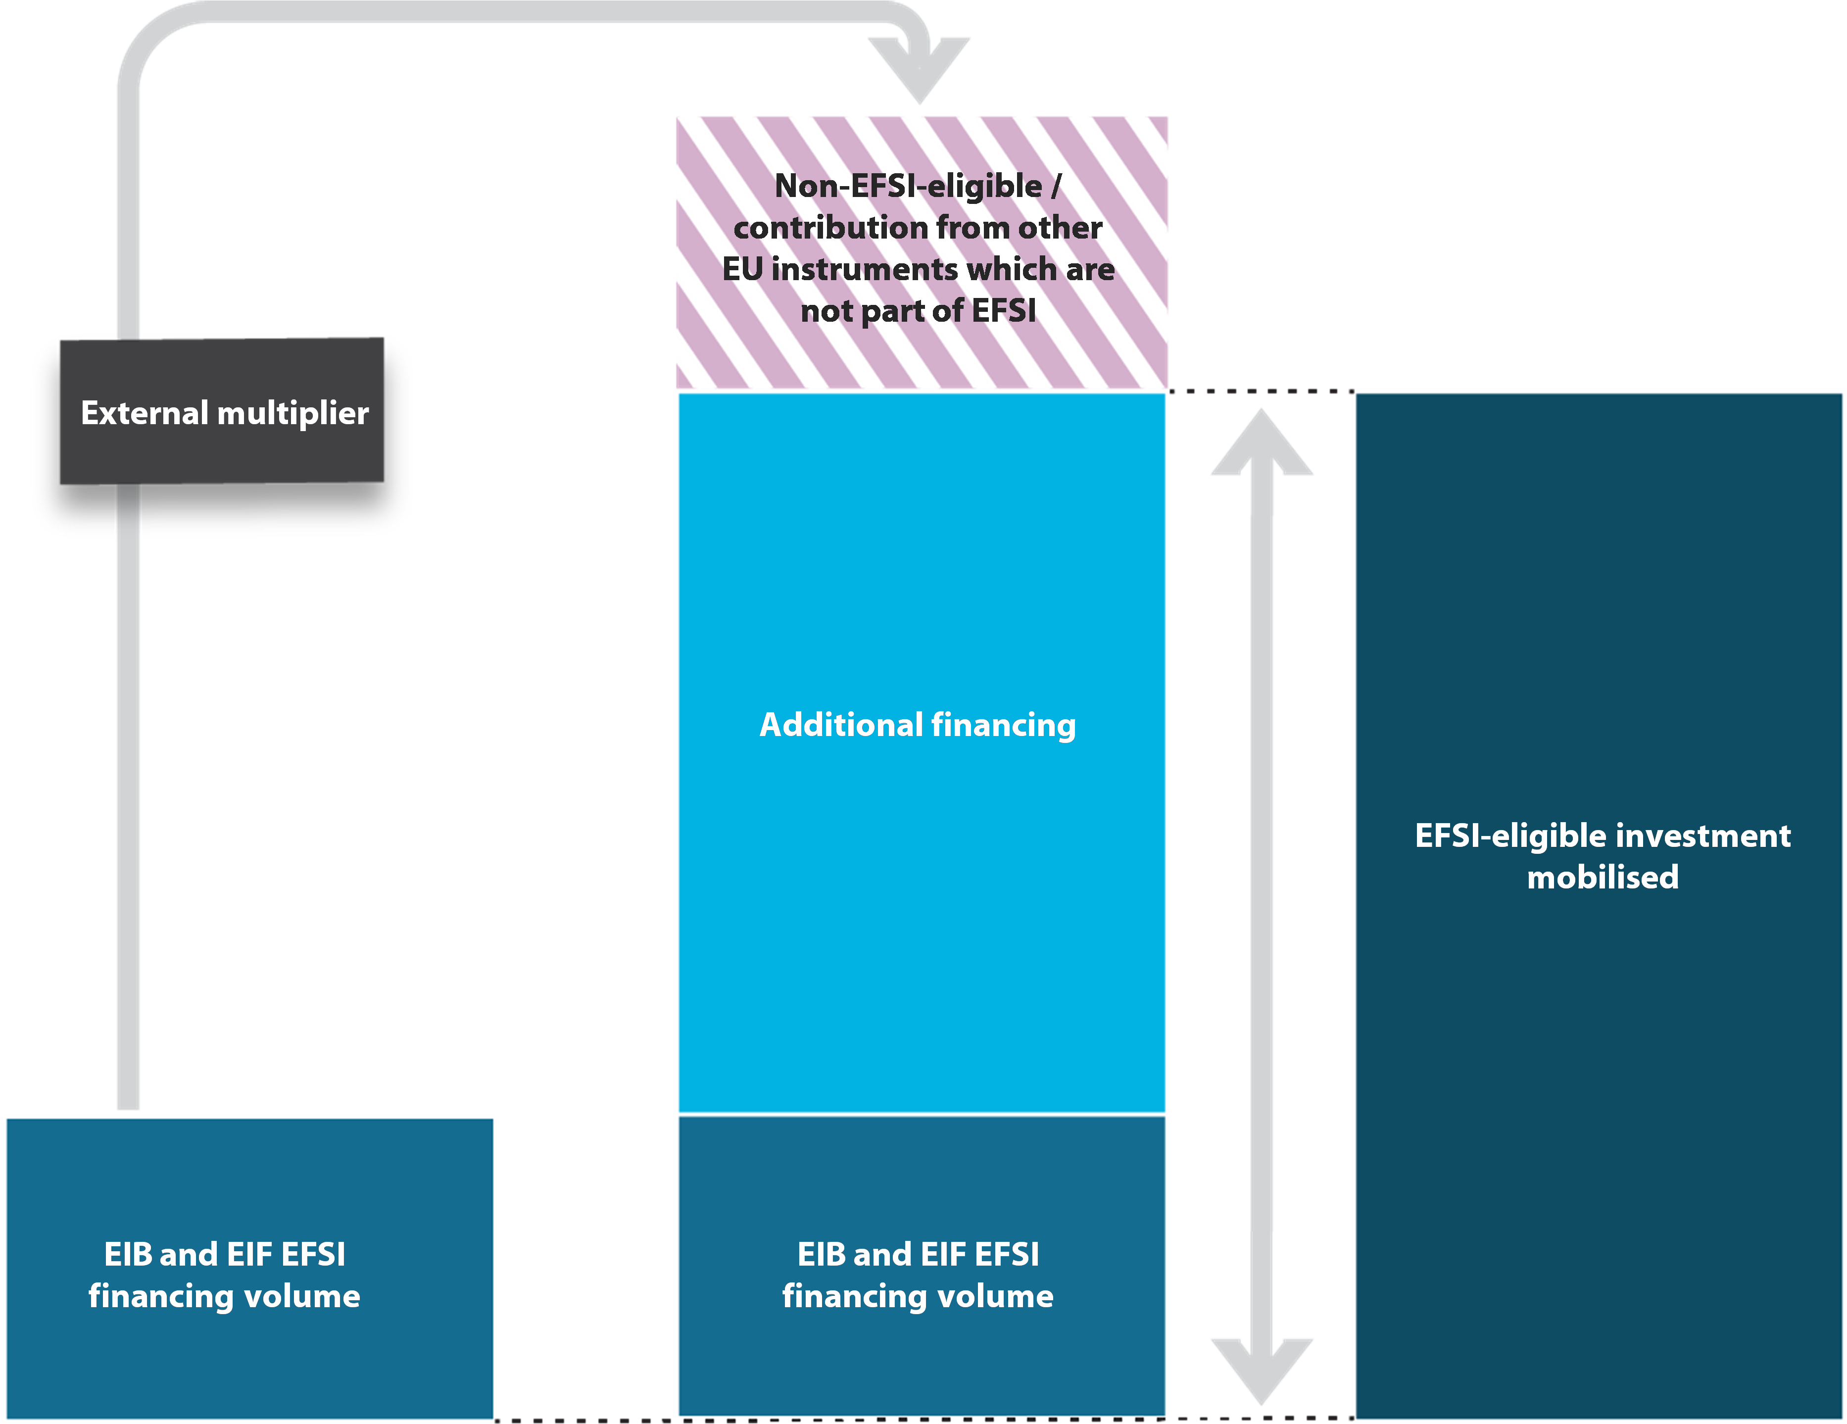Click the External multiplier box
coord(222,411)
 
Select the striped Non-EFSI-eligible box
coord(922,252)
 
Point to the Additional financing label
coord(918,725)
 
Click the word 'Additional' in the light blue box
coord(841,725)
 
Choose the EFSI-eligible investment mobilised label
coord(1603,856)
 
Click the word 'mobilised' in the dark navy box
coord(1603,878)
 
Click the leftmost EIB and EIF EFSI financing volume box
coord(249,1269)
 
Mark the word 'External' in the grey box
coord(145,413)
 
